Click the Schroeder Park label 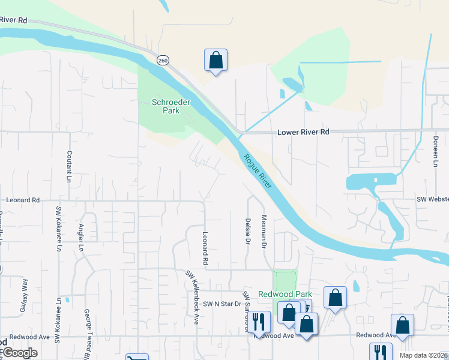coord(163,106)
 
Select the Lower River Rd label coord(303,131)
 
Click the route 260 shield coord(163,61)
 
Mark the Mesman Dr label coord(263,232)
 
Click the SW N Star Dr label coord(221,304)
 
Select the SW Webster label coord(433,199)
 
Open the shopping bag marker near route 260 coord(215,61)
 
